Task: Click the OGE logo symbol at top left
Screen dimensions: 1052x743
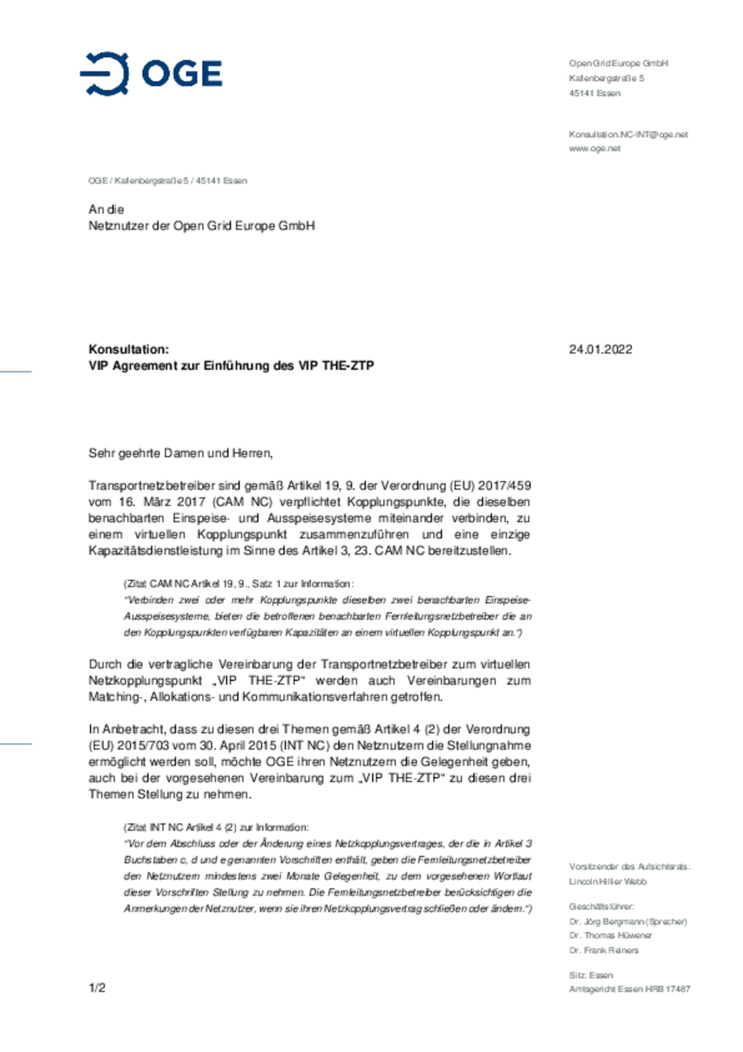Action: pos(105,73)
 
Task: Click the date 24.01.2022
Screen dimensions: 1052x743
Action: pos(600,349)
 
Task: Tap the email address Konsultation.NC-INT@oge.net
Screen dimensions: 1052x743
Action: pos(628,135)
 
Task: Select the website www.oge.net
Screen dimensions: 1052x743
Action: pos(594,149)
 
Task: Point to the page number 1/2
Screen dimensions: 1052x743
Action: pos(97,988)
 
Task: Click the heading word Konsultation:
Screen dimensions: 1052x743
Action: pos(128,349)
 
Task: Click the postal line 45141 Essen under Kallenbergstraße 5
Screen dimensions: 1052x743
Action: pos(594,93)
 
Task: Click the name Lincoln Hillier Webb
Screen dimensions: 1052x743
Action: pos(607,882)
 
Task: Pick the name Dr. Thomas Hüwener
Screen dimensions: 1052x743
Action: pos(610,935)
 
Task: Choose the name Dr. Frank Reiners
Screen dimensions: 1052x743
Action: pos(604,950)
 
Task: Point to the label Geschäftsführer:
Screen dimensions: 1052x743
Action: pos(601,906)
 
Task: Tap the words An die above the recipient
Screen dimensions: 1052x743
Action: pos(106,210)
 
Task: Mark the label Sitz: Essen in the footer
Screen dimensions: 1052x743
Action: pos(591,975)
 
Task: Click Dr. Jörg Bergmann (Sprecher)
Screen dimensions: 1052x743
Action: pos(627,921)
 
